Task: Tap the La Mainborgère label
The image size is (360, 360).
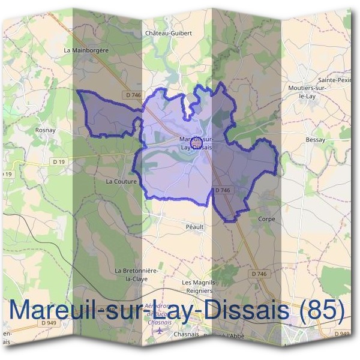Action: [86, 50]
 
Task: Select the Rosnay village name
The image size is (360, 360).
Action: [46, 129]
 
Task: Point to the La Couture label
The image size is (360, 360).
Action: [122, 181]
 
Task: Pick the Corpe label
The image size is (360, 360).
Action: [266, 219]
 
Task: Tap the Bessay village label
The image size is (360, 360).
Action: [315, 140]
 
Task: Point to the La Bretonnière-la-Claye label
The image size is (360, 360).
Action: [136, 275]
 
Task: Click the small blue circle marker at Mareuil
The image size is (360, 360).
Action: [195, 143]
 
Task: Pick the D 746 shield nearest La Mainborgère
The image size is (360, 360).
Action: [133, 95]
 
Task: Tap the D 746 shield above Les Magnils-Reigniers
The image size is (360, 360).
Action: [259, 274]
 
